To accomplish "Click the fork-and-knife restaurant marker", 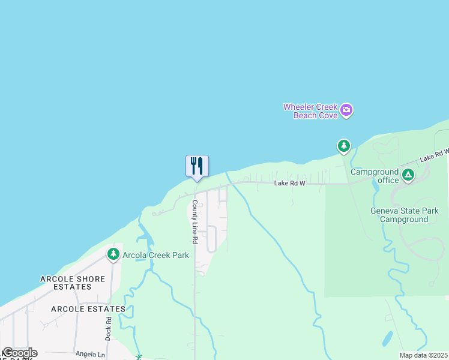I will coord(197,166).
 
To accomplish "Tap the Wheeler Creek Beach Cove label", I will coord(310,111).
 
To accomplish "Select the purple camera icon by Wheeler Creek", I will coord(346,110).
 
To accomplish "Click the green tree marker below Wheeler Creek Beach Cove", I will coord(343,146).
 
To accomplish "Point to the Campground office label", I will coord(375,176).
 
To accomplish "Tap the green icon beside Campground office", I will coord(408,175).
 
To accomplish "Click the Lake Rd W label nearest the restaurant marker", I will coord(290,183).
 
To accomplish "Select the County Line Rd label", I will coord(194,221).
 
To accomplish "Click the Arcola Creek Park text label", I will coord(155,255).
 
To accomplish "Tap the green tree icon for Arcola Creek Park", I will coord(113,254).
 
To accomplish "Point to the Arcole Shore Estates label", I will coord(73,283).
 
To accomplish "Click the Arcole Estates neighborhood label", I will coord(88,309).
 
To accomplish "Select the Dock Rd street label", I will coord(109,329).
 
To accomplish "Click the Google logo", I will coord(20,353).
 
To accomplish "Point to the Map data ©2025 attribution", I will coord(423,355).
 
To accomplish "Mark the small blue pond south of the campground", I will coord(388,339).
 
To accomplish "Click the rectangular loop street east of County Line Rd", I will coord(211,238).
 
